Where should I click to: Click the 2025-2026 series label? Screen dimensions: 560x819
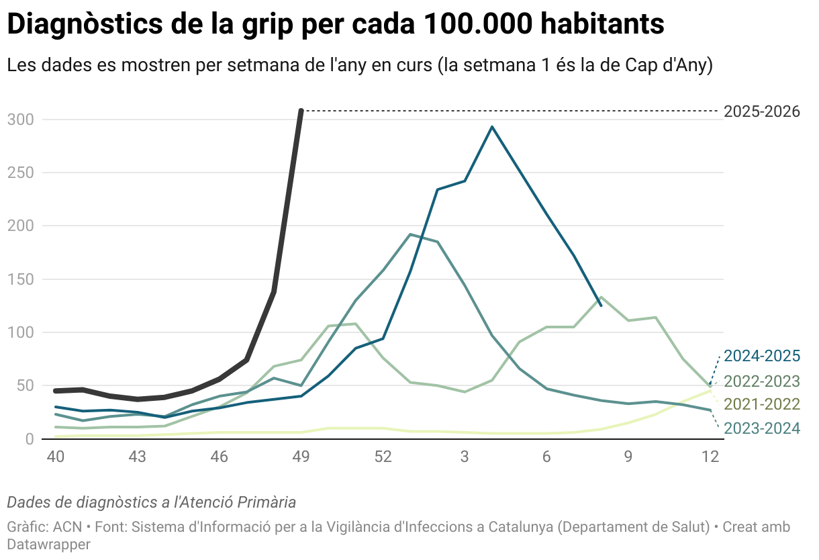coord(761,111)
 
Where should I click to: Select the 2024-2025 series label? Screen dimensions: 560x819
coord(761,356)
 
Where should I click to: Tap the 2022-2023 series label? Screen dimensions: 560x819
coord(761,381)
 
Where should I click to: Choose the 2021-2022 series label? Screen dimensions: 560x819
coord(761,404)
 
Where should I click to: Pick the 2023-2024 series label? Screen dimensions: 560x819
coord(761,428)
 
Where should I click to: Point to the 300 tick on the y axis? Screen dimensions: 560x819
coord(20,120)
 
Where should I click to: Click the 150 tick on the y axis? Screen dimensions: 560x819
coord(20,279)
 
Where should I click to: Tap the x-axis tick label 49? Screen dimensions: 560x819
coord(301,457)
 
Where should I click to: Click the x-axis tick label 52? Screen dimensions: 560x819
coord(383,457)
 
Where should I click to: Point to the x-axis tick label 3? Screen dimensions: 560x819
coord(465,457)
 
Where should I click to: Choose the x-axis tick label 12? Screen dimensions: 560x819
coord(710,457)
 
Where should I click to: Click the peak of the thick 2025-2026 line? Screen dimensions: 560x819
coord(301,110)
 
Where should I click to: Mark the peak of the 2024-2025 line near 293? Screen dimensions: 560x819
coord(492,127)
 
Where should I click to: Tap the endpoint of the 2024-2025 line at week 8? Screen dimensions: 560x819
coord(601,306)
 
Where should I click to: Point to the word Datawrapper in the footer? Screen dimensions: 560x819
coord(48,544)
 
